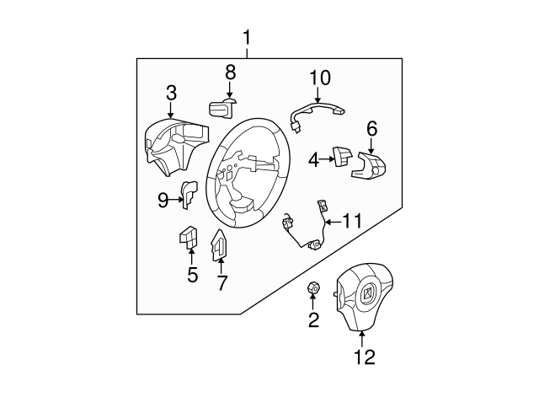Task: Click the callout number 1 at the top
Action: [x=247, y=38]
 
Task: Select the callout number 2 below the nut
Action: [x=313, y=319]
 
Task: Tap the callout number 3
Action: [x=171, y=92]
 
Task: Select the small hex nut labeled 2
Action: [x=312, y=290]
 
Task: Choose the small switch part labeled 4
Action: [x=342, y=156]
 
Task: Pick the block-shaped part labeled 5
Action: [x=188, y=239]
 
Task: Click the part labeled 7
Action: [x=218, y=245]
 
